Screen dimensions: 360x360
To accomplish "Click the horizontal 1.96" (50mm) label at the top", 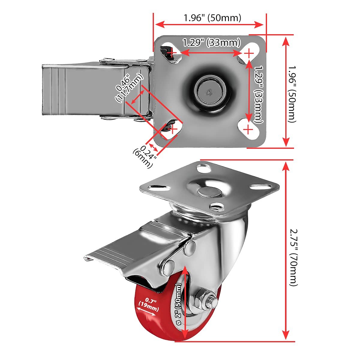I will tap(212, 18).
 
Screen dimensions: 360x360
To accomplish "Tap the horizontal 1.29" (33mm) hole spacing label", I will tap(212, 42).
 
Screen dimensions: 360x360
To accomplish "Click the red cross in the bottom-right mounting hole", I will tap(248, 130).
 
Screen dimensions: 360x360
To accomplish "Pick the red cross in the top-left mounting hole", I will tap(172, 53).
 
